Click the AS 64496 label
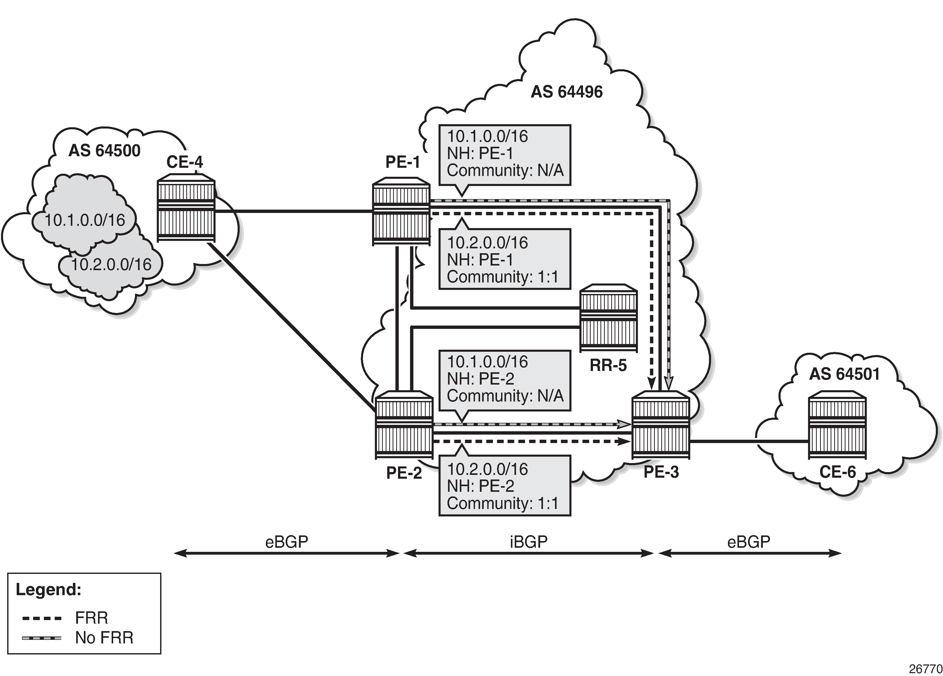tap(566, 92)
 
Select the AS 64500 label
tap(104, 151)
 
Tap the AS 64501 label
tap(844, 374)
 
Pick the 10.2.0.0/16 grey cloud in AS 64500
tap(111, 264)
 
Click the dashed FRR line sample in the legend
tap(42, 618)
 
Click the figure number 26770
tap(925, 669)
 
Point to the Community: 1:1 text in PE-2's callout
tap(502, 503)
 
